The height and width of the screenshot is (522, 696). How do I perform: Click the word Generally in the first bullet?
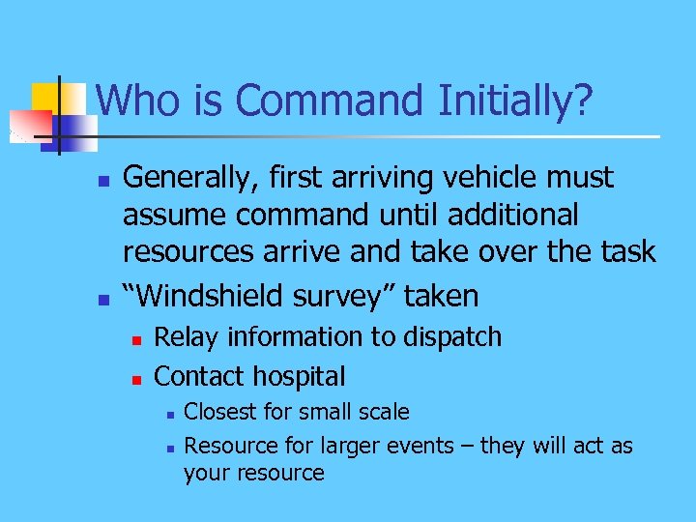click(x=187, y=179)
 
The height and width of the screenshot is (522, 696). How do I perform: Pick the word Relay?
click(x=184, y=337)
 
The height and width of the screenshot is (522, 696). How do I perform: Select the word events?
click(x=420, y=446)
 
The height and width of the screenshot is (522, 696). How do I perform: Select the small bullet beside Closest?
click(x=168, y=414)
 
